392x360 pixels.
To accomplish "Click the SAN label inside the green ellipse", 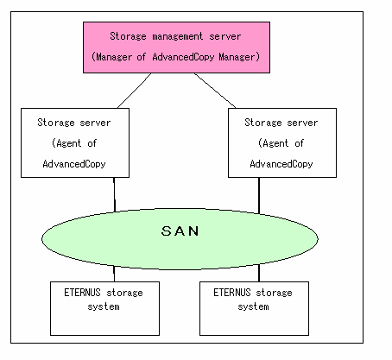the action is tap(180, 231).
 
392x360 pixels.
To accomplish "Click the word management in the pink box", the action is tap(177, 36).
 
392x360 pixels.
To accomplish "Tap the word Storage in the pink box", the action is tap(128, 36).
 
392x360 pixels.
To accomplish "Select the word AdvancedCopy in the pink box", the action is tap(183, 57).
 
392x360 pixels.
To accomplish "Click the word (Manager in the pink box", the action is tap(112, 57).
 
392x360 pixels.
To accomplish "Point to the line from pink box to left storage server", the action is tap(135, 91).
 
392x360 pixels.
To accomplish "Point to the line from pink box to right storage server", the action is tap(215, 91).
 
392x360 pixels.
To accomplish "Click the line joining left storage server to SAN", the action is tap(114, 194).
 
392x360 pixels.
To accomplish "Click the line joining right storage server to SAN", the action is tap(259, 195).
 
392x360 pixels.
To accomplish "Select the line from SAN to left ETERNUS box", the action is tap(114, 274).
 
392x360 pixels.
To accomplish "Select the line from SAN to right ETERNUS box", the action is tap(259, 273).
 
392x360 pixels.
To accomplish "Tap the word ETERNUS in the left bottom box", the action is tap(82, 293).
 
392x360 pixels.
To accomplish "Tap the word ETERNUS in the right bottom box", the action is tap(232, 293).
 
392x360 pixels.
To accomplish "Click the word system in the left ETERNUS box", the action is tap(104, 306).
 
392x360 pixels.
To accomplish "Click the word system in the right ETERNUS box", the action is tap(254, 306).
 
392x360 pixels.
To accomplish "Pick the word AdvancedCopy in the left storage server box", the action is tap(74, 164).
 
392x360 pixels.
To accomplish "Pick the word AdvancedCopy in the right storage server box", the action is tap(281, 164).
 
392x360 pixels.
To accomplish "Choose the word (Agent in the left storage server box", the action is tap(66, 143).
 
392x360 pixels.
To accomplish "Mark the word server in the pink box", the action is tap(225, 36).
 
